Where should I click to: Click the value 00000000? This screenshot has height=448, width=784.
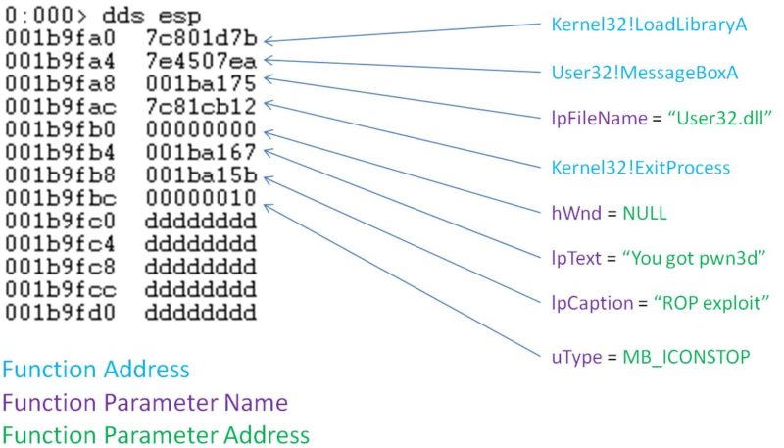201,129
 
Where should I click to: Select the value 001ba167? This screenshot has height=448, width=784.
201,151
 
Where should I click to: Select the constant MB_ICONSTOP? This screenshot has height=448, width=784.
686,355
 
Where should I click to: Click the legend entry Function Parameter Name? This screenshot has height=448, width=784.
145,402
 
